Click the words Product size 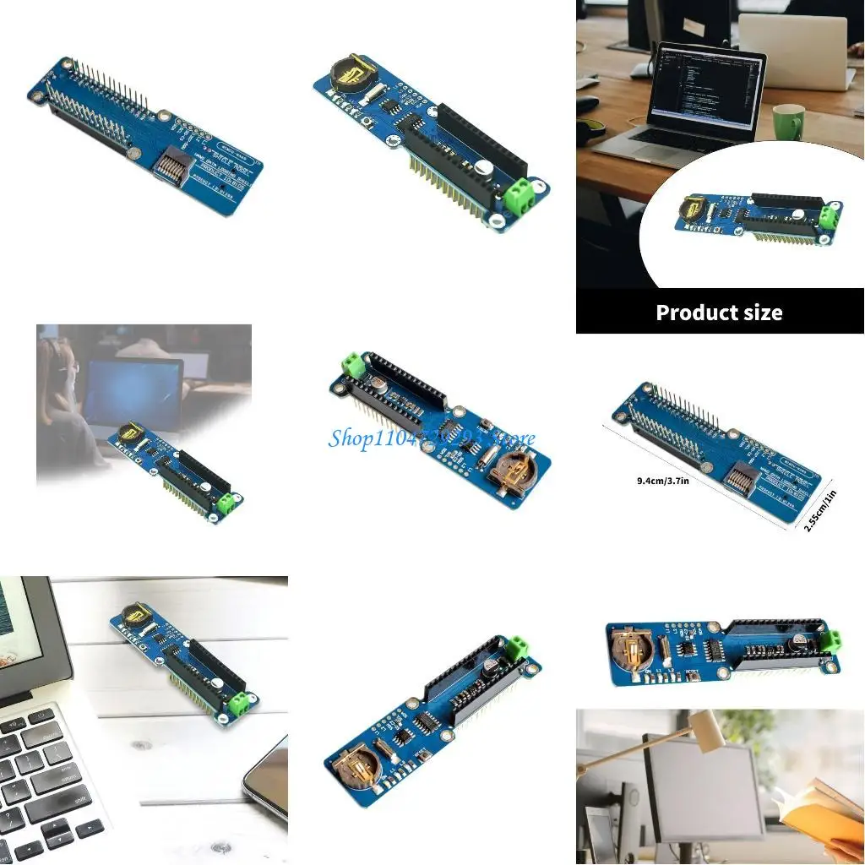pos(719,313)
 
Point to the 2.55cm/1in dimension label pos(820,510)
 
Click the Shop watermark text pos(431,438)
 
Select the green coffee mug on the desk pos(788,122)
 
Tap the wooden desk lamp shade pos(706,728)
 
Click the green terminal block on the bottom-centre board pos(514,649)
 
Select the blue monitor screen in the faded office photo pos(130,394)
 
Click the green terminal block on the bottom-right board pos(830,639)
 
